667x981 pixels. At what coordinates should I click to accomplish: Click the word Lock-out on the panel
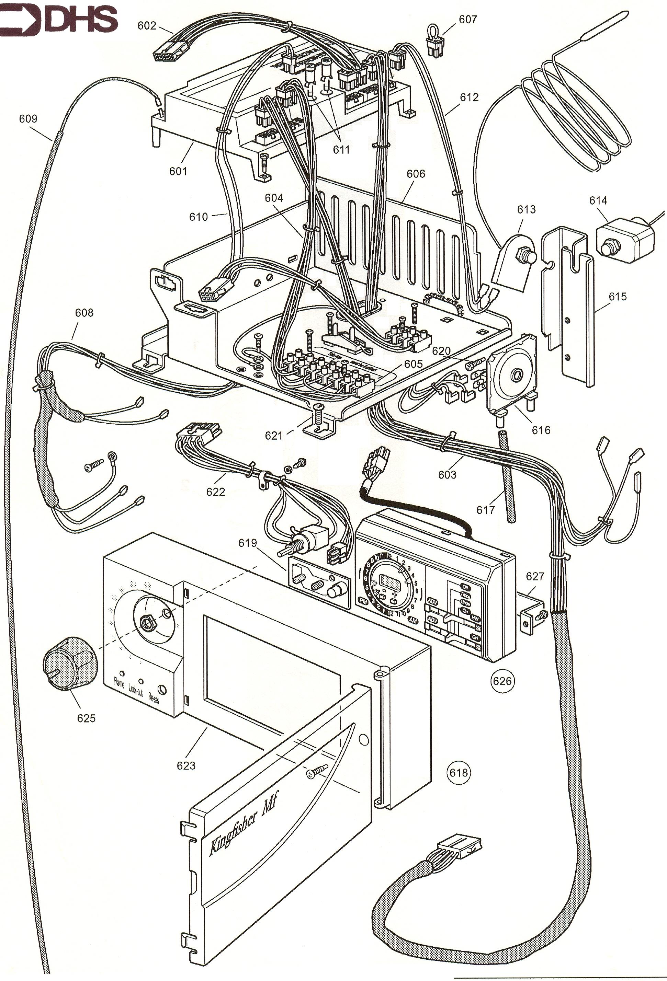(x=136, y=690)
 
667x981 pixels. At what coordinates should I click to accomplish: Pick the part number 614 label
(x=598, y=200)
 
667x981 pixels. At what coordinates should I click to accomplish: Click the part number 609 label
(x=28, y=119)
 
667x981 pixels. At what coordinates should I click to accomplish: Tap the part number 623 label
(x=186, y=766)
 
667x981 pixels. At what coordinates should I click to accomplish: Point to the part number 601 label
(x=178, y=171)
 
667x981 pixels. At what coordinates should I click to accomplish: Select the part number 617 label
(x=485, y=510)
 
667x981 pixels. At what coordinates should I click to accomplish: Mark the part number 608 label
(x=84, y=312)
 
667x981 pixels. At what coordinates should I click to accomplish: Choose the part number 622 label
(x=215, y=492)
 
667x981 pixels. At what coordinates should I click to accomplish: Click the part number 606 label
(x=416, y=173)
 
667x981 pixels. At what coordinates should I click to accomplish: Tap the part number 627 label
(x=535, y=576)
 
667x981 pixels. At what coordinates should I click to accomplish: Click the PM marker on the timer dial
(x=363, y=601)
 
